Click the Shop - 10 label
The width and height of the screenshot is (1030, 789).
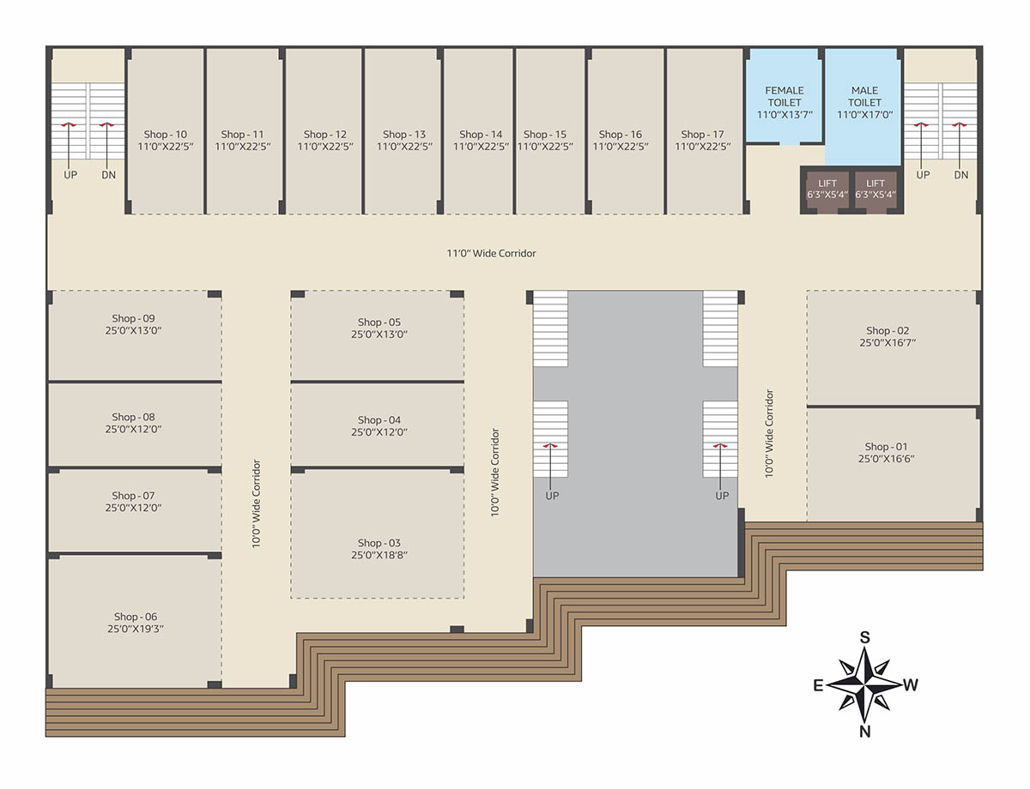pos(166,135)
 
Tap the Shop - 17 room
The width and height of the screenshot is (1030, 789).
pos(705,131)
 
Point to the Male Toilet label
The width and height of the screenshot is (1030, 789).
pos(864,96)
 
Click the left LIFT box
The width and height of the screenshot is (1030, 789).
pos(827,189)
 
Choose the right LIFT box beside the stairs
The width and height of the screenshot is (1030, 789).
pos(875,189)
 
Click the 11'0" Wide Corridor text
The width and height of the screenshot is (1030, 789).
pos(491,253)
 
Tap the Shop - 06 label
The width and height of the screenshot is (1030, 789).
pos(135,617)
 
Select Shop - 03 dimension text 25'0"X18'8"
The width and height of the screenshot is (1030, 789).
pos(379,555)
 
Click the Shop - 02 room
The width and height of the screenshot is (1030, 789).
pos(894,347)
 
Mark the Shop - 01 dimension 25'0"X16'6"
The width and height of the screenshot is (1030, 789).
pos(886,459)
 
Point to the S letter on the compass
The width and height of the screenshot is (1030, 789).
pos(865,638)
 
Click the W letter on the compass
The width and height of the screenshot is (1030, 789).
pos(911,685)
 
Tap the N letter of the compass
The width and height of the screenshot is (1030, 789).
pos(865,732)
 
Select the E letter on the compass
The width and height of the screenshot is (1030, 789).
pos(818,685)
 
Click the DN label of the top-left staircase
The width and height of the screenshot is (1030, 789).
pos(108,175)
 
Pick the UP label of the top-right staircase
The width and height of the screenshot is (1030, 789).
pos(923,175)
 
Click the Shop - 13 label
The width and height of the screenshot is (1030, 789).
pos(404,135)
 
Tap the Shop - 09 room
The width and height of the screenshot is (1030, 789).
pos(135,335)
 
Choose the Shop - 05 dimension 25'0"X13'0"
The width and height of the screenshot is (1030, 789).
pos(379,334)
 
